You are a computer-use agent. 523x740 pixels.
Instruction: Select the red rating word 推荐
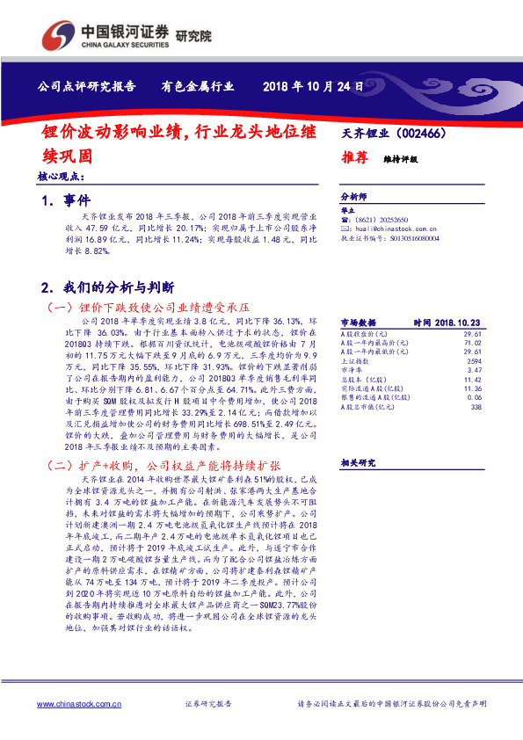(x=353, y=158)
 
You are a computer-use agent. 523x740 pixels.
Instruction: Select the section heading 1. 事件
(x=66, y=201)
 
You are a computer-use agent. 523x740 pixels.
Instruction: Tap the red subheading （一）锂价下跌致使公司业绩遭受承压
(x=148, y=308)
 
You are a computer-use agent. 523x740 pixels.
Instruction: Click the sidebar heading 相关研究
(x=358, y=462)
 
